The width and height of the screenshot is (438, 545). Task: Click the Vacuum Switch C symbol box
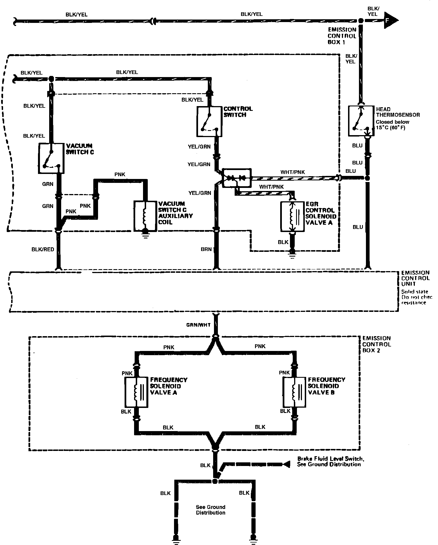pos(51,158)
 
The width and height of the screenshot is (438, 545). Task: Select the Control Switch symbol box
pos(210,121)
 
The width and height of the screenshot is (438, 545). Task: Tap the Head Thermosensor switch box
pos(361,121)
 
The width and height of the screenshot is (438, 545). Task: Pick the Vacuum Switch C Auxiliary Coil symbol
pos(145,216)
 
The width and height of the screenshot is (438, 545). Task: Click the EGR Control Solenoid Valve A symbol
pos(292,216)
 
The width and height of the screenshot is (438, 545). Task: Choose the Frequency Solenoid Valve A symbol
pos(136,392)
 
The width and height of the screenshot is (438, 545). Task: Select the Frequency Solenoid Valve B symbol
pos(294,392)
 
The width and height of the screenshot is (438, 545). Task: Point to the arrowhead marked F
pos(391,20)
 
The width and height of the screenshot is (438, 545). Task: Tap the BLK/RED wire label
pos(43,249)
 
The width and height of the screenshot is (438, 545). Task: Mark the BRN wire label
pos(206,249)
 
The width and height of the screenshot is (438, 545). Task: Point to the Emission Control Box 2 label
pos(376,344)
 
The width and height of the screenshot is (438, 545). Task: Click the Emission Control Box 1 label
pos(342,36)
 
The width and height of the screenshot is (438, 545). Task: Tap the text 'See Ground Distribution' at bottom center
pos(211,510)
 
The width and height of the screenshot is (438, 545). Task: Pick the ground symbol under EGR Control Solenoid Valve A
pos(292,255)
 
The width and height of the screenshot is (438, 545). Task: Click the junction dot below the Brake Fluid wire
pos(215,481)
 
